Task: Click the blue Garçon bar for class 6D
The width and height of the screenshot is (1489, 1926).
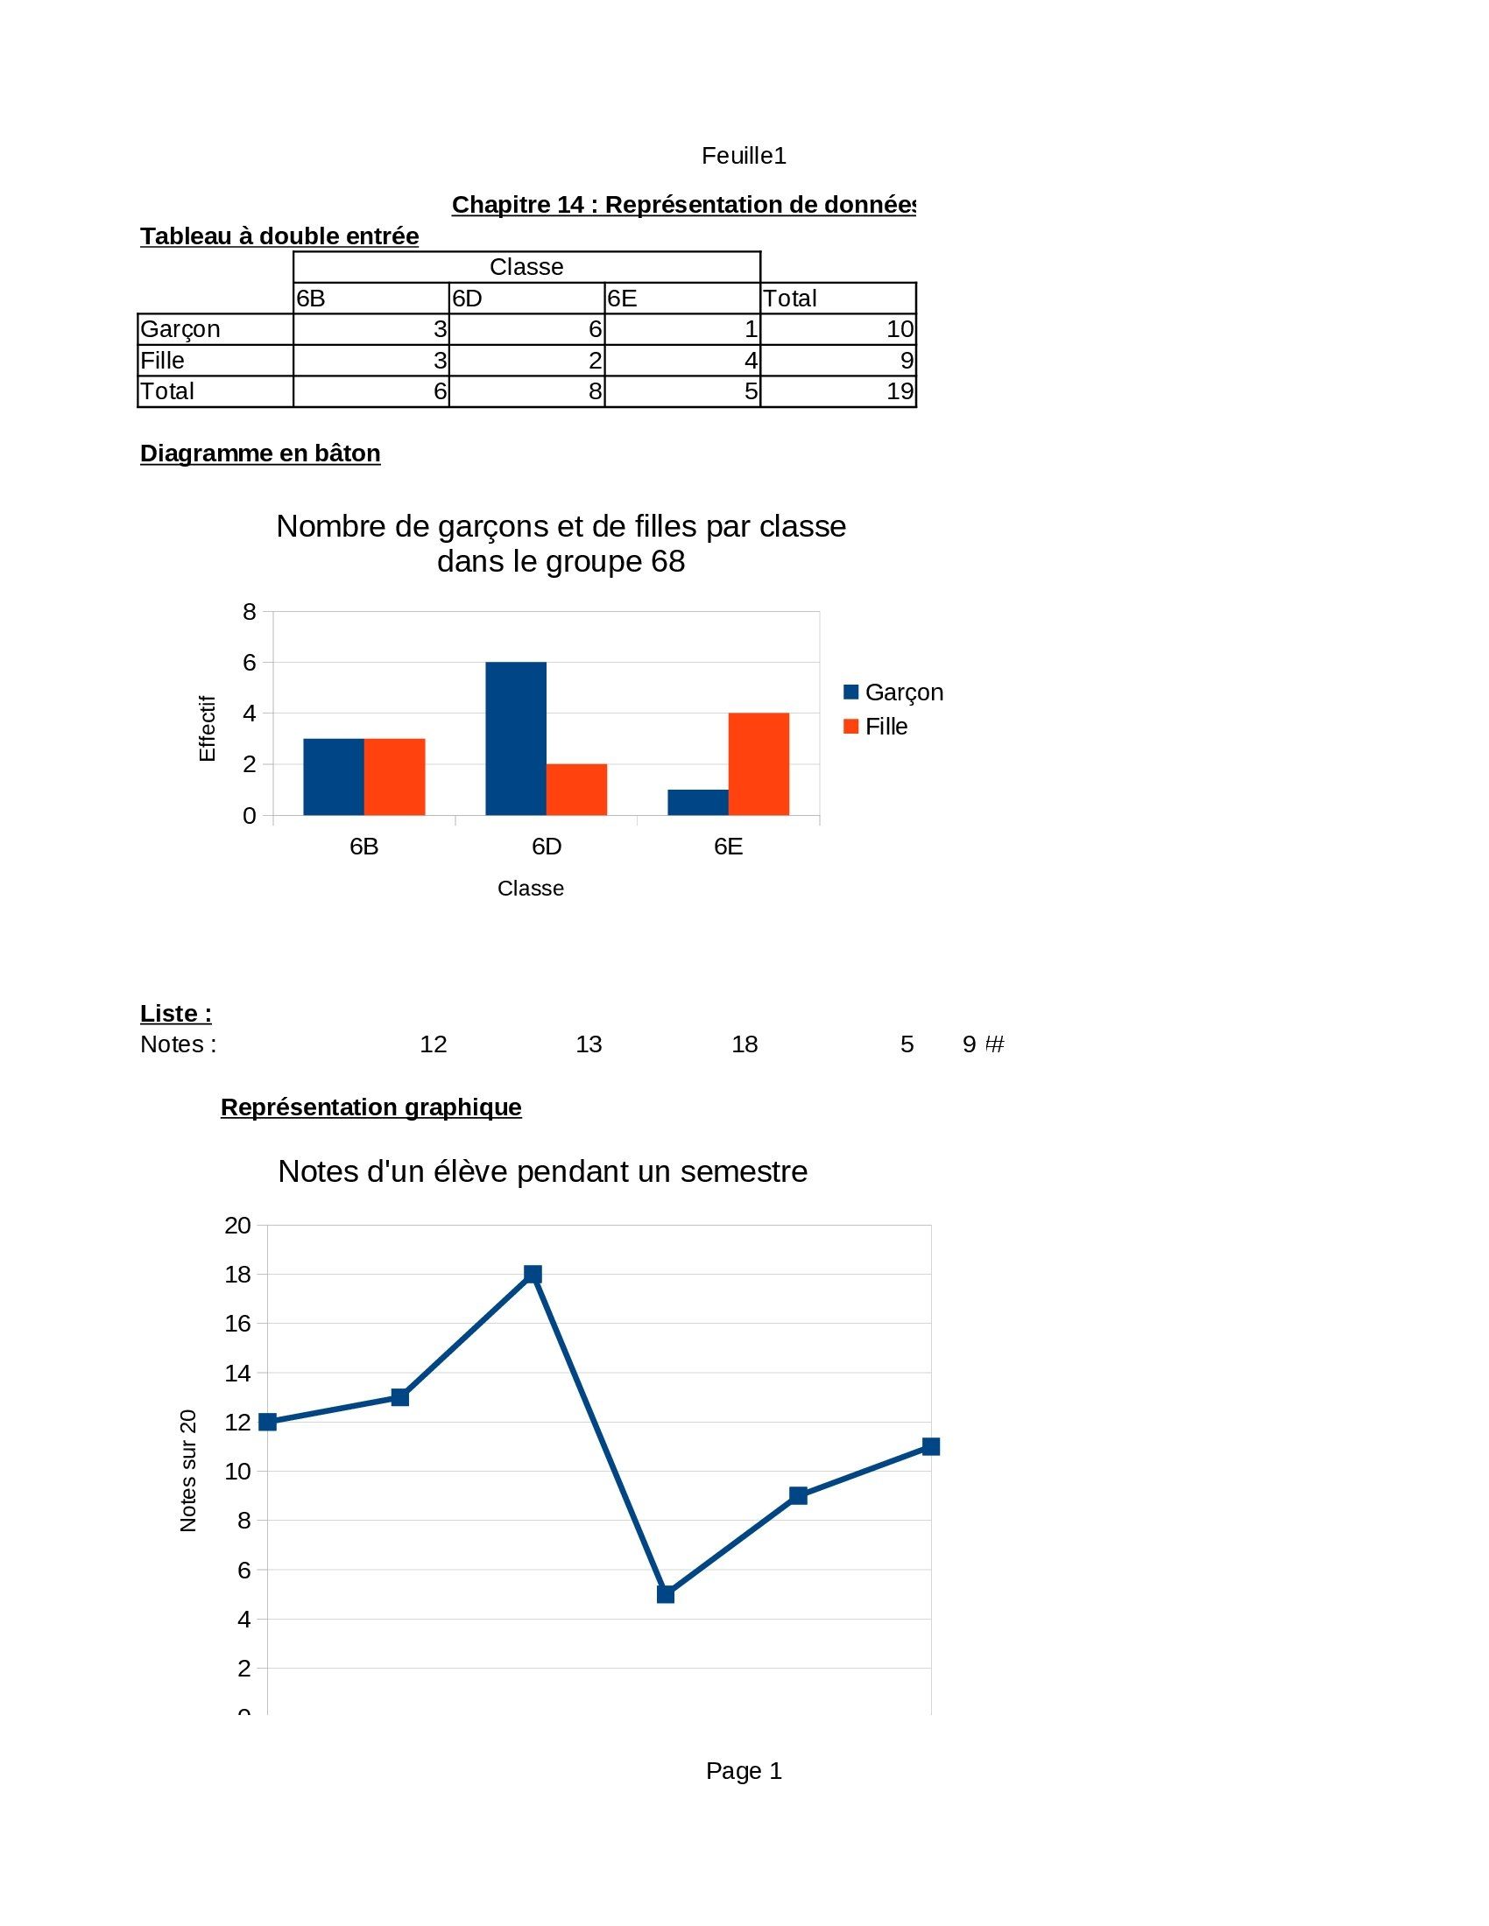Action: pos(515,738)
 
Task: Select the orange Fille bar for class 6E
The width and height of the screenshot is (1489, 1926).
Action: pos(759,763)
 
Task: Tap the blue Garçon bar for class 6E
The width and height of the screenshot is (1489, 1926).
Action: pos(698,803)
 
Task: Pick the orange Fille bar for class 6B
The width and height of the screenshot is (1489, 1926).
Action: pos(394,777)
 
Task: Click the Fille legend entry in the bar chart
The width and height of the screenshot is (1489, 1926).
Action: pos(875,727)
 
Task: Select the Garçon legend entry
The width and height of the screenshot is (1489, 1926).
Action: pos(893,692)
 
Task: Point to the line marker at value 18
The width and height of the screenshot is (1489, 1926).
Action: pos(533,1275)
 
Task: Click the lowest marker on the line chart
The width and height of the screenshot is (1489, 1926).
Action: pos(666,1594)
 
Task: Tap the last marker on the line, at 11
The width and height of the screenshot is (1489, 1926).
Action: pos(930,1446)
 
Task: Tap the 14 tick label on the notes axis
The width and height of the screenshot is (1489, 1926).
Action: pos(238,1373)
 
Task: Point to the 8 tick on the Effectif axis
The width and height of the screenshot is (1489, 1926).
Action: pos(250,611)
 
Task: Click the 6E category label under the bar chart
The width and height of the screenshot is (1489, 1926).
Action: pos(729,847)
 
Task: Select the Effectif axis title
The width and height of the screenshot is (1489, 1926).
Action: pos(208,728)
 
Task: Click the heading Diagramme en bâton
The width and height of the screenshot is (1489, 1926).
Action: pos(260,453)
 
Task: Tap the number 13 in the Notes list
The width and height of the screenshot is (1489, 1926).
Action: pos(589,1044)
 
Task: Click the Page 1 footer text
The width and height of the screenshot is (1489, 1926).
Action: pos(744,1771)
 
